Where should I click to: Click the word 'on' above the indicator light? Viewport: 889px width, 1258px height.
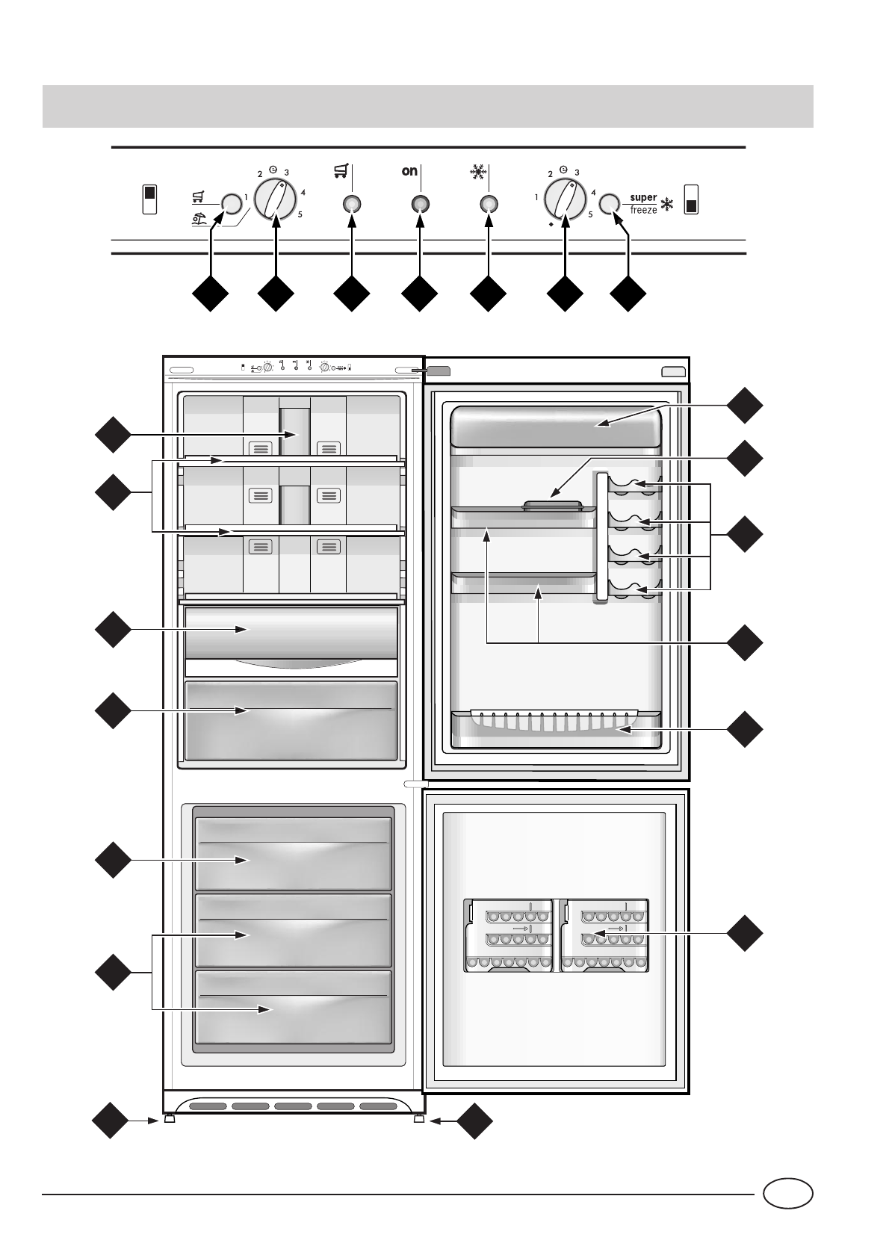pos(409,171)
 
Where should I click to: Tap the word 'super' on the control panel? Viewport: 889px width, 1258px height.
pos(643,198)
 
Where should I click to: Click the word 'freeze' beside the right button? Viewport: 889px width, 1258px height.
pos(643,210)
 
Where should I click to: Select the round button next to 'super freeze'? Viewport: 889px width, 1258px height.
pos(610,204)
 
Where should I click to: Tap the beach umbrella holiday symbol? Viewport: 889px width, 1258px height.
pos(199,220)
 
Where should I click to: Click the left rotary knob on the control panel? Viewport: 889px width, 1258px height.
pos(275,199)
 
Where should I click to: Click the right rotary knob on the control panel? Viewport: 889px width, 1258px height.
pos(565,199)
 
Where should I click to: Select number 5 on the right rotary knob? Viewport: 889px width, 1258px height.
pos(590,214)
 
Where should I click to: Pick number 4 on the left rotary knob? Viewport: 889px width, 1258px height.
pos(303,193)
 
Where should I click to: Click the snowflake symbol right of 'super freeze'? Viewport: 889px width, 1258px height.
pos(666,205)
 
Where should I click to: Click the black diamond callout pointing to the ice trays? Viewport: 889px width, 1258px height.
pos(745,933)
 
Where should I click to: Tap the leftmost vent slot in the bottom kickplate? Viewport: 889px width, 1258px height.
pos(208,1106)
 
